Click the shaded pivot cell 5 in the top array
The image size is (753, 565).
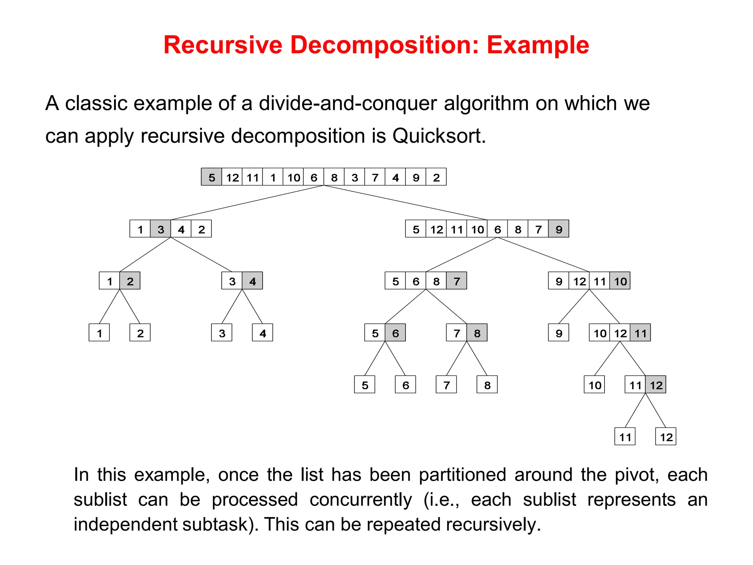pos(211,177)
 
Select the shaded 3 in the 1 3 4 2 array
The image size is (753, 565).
pos(161,229)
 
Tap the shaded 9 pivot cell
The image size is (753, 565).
pos(558,229)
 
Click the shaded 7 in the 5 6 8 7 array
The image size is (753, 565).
pos(457,281)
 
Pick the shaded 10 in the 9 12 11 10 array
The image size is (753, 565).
pos(620,281)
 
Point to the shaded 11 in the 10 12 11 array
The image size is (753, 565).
pos(640,333)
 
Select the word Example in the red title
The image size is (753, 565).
pos(538,45)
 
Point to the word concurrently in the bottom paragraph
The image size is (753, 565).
pos(361,500)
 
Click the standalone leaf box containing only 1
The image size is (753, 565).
pos(99,333)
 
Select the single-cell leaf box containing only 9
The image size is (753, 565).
pos(558,333)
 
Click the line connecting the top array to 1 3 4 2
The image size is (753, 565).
pos(247,203)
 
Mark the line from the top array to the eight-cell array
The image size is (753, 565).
pos(405,203)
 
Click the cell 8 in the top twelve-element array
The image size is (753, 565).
pos(334,177)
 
